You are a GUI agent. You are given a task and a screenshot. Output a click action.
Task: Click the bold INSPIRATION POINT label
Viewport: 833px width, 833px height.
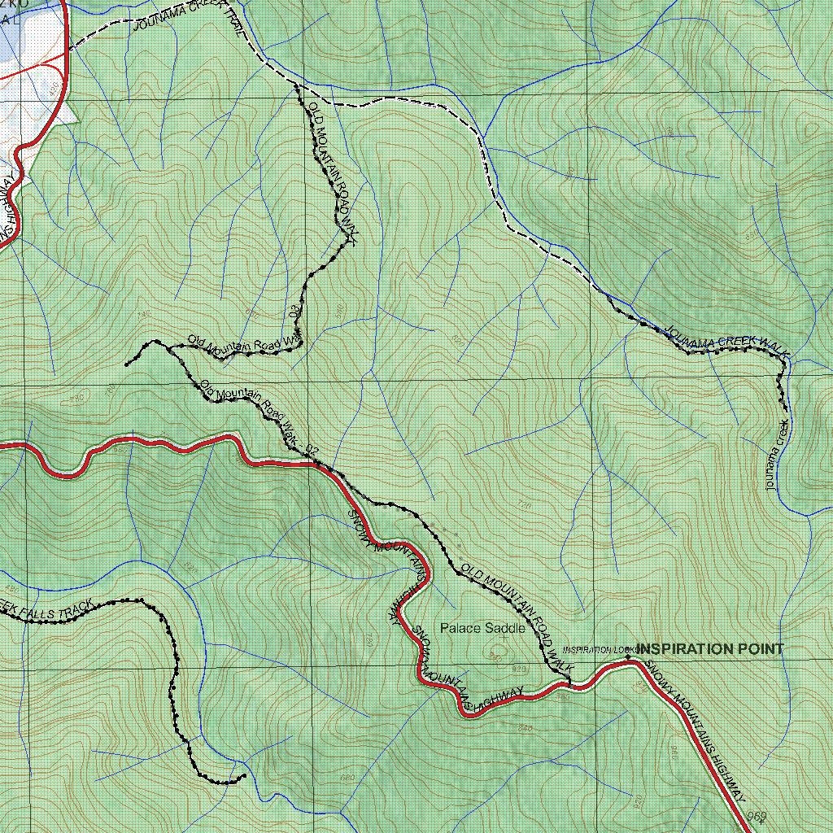tap(710, 648)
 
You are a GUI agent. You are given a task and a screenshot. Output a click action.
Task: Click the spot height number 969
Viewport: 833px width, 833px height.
tap(757, 816)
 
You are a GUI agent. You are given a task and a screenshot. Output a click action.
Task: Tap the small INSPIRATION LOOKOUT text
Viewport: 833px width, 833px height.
tap(598, 650)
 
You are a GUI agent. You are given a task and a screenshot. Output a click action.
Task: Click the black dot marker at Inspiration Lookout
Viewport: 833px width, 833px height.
tap(628, 657)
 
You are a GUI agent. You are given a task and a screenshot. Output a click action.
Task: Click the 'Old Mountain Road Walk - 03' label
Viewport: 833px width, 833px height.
tap(244, 344)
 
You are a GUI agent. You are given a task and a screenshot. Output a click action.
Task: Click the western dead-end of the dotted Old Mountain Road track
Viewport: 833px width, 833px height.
tap(127, 364)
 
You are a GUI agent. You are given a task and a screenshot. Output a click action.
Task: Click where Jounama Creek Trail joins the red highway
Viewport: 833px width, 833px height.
tap(68, 49)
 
